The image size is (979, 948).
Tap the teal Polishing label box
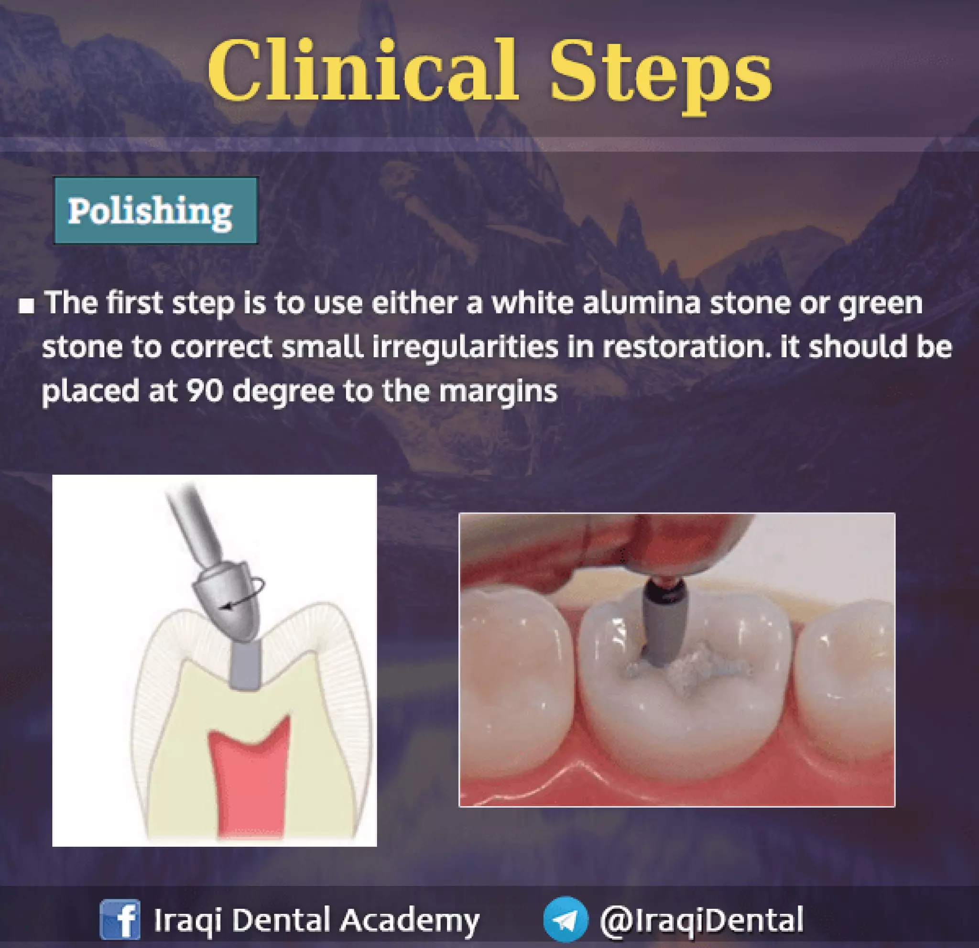(x=155, y=210)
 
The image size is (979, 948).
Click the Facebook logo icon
(x=120, y=919)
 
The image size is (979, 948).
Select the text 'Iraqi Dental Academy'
(x=316, y=919)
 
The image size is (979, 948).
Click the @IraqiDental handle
(x=701, y=919)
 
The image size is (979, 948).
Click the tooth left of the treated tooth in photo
(x=514, y=665)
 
